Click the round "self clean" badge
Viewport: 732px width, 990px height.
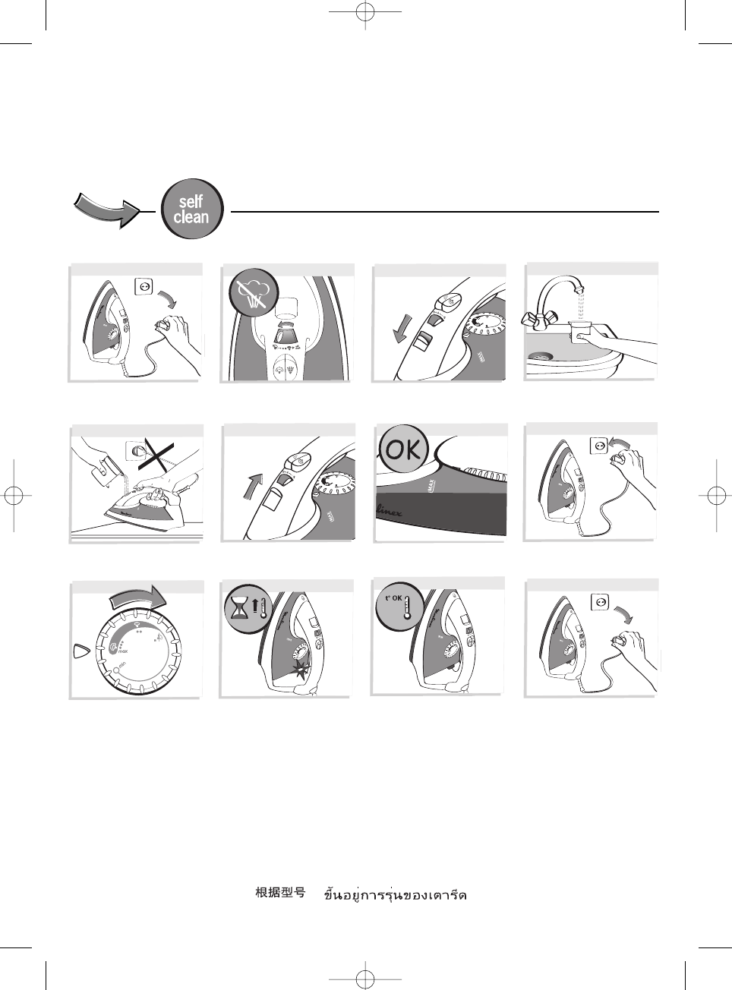pos(191,210)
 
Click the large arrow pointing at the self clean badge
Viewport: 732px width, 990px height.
pos(107,210)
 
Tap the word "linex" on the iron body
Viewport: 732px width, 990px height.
pos(390,512)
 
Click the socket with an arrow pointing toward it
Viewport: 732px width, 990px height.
pos(599,445)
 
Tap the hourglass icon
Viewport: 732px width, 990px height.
pos(240,607)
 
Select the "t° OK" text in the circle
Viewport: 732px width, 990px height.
pos(393,598)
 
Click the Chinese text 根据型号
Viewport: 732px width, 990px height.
pos(280,893)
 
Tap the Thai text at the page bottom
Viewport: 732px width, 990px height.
pos(395,894)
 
